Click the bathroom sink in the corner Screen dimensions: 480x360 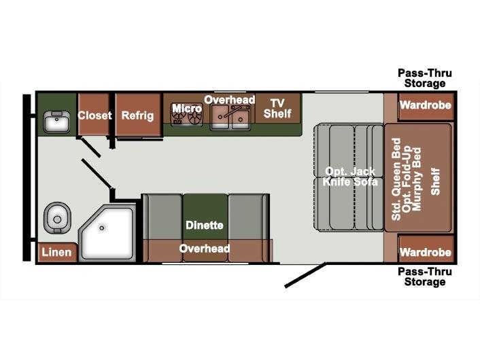[56, 122]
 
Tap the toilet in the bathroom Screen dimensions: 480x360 [57, 219]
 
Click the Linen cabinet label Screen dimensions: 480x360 [56, 252]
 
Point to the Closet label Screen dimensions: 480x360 [95, 115]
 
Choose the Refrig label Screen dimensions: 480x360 [137, 115]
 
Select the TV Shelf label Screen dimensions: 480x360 [277, 109]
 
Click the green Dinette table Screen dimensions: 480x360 [205, 217]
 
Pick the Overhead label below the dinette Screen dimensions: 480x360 [205, 249]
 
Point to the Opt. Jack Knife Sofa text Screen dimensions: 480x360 [350, 177]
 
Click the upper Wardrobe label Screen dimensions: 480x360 [426, 105]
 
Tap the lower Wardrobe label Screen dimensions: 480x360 [426, 252]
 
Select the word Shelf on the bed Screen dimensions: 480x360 [435, 181]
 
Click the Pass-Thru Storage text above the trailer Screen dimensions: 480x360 [425, 78]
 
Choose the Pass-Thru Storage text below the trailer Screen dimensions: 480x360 [425, 276]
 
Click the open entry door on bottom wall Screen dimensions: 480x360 [305, 275]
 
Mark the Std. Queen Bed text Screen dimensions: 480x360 [396, 179]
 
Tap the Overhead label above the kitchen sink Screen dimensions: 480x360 [230, 100]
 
